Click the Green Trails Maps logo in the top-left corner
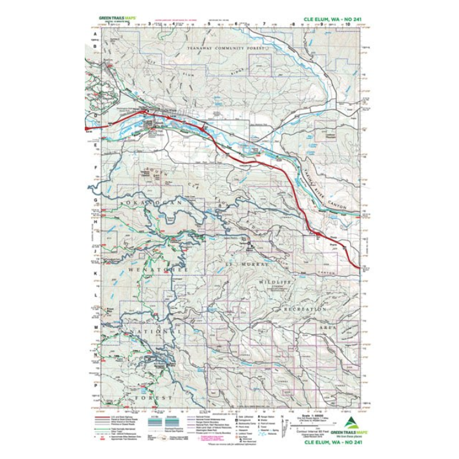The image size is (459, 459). click(x=112, y=18)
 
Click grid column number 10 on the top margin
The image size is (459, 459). click(x=347, y=25)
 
